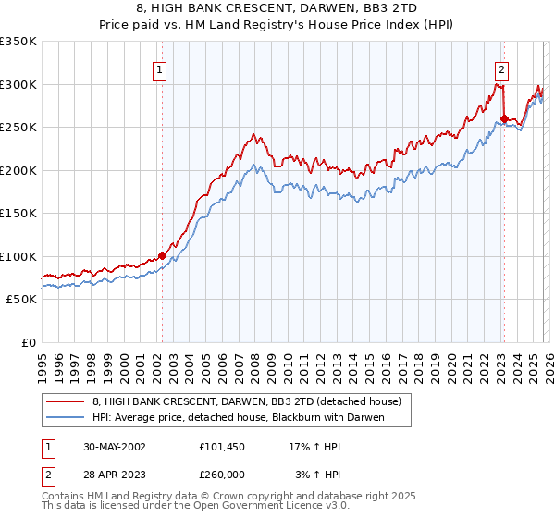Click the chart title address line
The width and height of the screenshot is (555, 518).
[277, 6]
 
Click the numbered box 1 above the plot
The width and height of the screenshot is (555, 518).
[160, 68]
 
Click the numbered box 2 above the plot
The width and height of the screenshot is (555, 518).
[501, 68]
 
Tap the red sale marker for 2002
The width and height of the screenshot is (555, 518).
[162, 255]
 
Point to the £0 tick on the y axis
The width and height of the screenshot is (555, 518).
[28, 342]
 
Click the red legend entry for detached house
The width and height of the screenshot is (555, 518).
[246, 401]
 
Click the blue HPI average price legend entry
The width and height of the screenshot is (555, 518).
[238, 417]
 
